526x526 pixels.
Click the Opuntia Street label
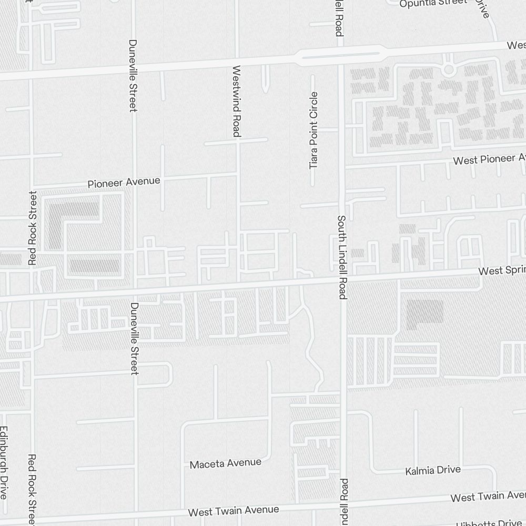[x=432, y=3]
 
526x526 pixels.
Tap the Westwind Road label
[x=236, y=101]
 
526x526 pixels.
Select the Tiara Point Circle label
[x=314, y=130]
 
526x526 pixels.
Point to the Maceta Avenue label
[x=225, y=463]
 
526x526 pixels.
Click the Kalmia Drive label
[x=433, y=470]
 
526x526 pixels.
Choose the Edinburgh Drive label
[x=4, y=462]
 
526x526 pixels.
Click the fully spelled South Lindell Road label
[x=342, y=257]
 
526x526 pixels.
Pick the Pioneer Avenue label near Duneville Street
[x=124, y=183]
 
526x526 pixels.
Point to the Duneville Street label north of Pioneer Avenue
[x=133, y=75]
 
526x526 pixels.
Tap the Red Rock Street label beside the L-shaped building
[x=33, y=227]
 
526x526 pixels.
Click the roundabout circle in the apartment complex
[x=449, y=69]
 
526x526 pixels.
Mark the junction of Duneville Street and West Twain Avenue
[x=136, y=515]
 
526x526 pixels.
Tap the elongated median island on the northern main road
[x=340, y=54]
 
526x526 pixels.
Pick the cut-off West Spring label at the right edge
[x=502, y=271]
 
